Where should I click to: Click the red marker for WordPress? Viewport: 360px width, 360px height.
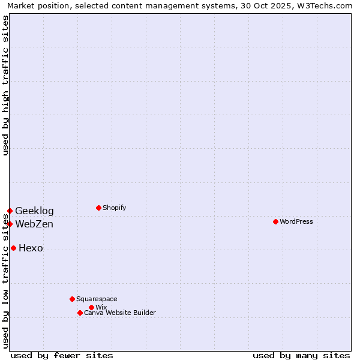pos(275,221)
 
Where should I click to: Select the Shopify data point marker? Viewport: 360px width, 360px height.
pos(98,208)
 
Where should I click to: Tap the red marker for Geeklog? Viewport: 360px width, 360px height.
pos(10,211)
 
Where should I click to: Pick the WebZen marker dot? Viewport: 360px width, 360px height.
pos(10,224)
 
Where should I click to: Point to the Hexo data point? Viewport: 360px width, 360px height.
pos(13,248)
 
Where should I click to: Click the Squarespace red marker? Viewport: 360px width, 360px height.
pos(72,299)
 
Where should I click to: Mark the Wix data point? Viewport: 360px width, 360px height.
pos(91,307)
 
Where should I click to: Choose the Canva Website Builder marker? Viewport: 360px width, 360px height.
pos(80,313)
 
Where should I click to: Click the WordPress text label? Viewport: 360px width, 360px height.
pos(296,221)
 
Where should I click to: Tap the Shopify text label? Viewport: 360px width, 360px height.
pos(114,208)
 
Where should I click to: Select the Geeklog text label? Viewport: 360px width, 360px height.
pos(34,211)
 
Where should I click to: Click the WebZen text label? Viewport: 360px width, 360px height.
pos(34,224)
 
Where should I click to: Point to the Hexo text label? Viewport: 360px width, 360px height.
pos(31,248)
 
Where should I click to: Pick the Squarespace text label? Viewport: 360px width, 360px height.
pos(97,299)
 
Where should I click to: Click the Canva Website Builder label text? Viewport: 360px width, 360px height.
pos(120,313)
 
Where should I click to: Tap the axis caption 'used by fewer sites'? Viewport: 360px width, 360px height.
pos(62,355)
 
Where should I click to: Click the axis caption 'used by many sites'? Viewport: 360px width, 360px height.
pos(301,355)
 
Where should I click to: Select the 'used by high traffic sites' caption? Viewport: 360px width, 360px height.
pos(5,85)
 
